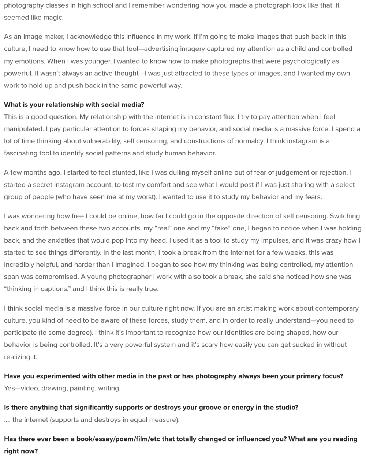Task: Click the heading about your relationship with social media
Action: coord(74,105)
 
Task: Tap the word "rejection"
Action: coord(334,173)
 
